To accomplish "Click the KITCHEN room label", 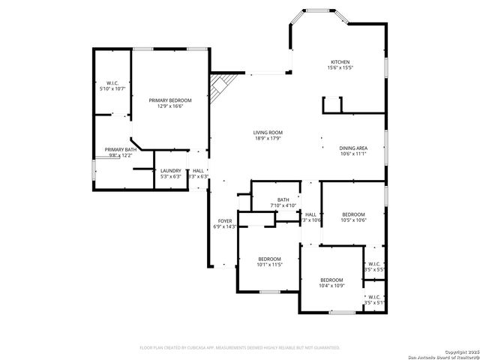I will click(340, 61).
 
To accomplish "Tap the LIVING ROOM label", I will click(268, 133).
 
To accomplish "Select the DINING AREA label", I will click(353, 148).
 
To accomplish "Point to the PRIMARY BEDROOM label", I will click(170, 100).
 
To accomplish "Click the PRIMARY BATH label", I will click(120, 149).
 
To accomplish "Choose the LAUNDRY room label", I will click(171, 170).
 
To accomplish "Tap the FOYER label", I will click(224, 220).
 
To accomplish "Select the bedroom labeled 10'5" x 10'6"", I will click(353, 220).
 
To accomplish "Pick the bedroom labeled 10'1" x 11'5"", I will click(268, 264).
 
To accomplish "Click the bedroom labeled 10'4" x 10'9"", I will click(331, 286).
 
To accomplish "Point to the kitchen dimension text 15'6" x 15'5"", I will click(340, 68).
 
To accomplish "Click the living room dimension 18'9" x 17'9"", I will click(268, 139).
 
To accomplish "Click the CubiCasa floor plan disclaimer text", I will click(240, 348).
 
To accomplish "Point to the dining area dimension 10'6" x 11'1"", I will click(353, 154).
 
